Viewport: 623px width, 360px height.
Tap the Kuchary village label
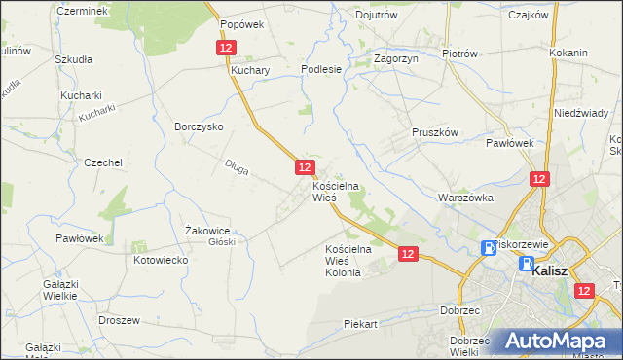249,71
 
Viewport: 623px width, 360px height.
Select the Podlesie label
321,69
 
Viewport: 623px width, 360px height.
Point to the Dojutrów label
377,15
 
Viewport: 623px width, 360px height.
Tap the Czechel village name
102,162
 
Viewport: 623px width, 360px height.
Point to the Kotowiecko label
161,261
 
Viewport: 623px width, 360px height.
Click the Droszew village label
120,319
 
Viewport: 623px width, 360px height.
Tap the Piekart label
360,323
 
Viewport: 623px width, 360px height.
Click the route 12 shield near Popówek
225,47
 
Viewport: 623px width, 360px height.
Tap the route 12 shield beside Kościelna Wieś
304,167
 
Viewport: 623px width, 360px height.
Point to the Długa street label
237,168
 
